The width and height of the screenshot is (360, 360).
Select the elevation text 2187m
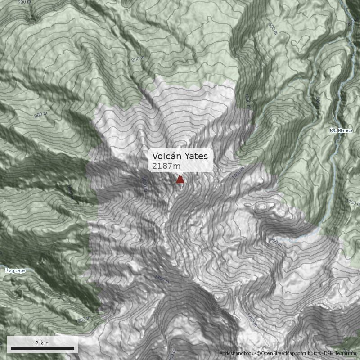click(x=166, y=166)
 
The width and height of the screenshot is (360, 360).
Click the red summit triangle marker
click(x=180, y=180)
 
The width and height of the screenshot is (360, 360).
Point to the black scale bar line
click(x=42, y=348)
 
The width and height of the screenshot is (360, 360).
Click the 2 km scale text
click(x=42, y=343)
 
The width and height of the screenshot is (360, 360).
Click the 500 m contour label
click(x=272, y=28)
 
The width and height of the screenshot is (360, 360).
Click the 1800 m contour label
click(x=162, y=279)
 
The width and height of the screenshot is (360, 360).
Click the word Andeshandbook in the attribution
click(x=237, y=354)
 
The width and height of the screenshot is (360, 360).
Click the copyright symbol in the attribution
click(x=259, y=354)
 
